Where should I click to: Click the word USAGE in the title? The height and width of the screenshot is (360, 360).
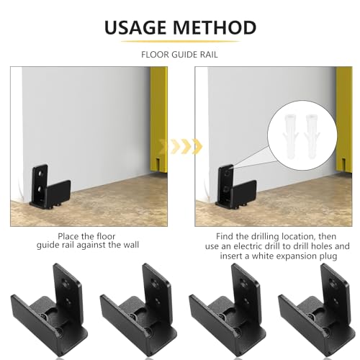[x=135, y=27]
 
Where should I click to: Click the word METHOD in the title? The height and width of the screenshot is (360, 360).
[x=215, y=27]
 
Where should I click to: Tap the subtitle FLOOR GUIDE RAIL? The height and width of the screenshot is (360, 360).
[x=179, y=55]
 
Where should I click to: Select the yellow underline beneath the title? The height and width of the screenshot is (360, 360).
[x=180, y=42]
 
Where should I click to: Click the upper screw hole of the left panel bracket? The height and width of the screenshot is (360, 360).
[x=40, y=173]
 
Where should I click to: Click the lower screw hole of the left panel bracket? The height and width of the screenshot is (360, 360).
[x=40, y=190]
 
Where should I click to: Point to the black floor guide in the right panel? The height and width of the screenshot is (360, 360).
[x=235, y=186]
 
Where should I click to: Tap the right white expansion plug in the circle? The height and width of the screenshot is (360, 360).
[x=312, y=136]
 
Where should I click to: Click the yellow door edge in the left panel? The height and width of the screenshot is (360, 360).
[x=158, y=120]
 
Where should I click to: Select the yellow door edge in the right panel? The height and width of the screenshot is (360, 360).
[x=344, y=120]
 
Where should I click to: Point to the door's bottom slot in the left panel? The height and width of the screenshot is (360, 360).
[x=157, y=164]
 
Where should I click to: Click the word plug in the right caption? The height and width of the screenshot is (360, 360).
[x=328, y=256]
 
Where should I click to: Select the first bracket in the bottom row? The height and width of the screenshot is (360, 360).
[x=49, y=311]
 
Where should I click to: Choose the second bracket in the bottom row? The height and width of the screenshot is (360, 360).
[x=138, y=311]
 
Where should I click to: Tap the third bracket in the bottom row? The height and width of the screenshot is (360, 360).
[x=228, y=311]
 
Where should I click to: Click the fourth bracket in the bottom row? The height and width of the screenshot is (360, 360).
[x=317, y=311]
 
